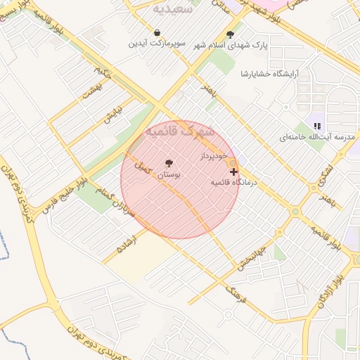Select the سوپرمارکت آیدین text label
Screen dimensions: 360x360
[156, 44]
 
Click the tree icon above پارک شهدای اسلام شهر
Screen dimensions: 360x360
[230, 34]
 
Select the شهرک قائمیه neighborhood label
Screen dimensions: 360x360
[179, 131]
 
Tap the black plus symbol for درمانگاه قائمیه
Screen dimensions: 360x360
[233, 171]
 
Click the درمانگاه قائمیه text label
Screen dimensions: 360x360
[235, 182]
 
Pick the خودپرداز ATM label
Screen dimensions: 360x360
[214, 155]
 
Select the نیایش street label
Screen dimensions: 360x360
[113, 114]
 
